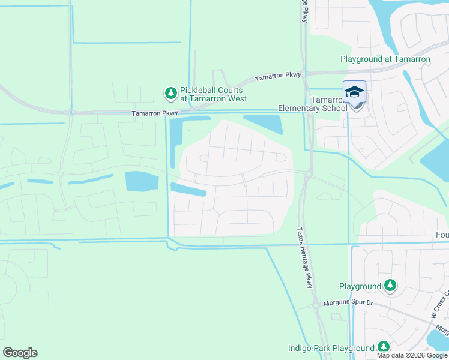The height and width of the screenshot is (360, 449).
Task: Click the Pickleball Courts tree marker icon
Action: click(x=171, y=93)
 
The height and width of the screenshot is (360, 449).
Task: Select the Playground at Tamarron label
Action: click(x=385, y=59)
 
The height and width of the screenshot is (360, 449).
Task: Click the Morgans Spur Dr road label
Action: click(x=348, y=303)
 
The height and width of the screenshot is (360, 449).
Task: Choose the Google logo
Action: click(x=20, y=353)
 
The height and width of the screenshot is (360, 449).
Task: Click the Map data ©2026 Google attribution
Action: click(x=412, y=355)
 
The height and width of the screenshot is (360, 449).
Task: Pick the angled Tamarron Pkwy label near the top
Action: click(x=277, y=77)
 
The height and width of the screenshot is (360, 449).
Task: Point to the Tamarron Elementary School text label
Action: click(x=312, y=104)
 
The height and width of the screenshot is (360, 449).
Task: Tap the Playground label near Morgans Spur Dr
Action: click(x=360, y=287)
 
